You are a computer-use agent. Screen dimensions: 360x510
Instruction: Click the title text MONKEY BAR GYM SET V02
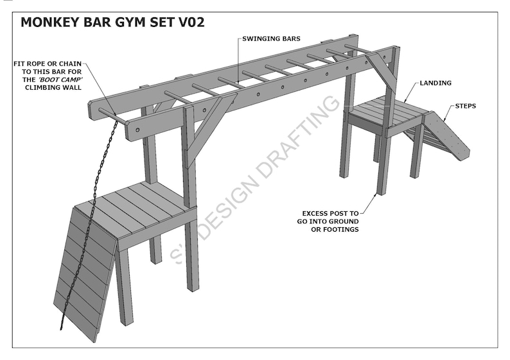pos(112,23)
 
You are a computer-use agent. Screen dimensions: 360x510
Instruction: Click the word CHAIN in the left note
pos(75,64)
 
